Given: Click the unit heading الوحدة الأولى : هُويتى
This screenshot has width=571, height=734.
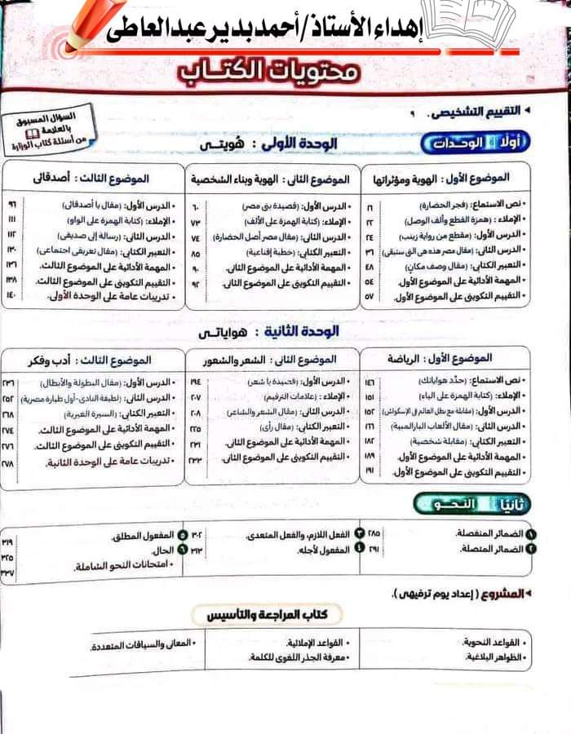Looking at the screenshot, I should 273,145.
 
